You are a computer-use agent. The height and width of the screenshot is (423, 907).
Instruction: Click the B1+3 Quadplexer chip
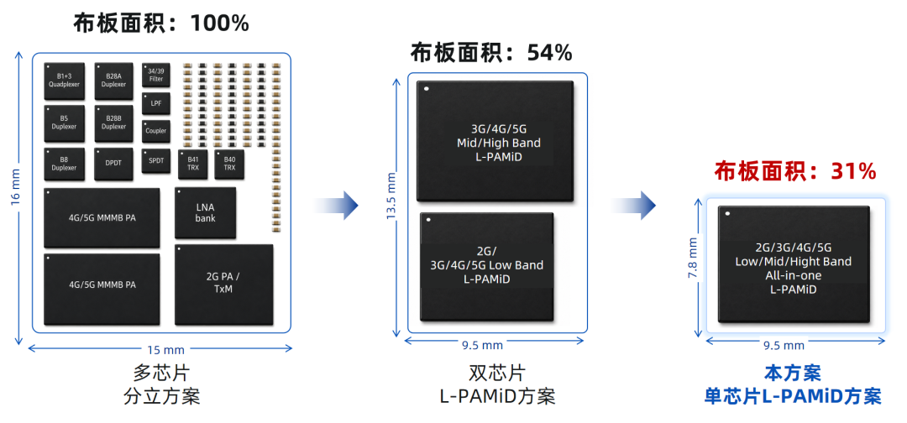pyautogui.click(x=64, y=81)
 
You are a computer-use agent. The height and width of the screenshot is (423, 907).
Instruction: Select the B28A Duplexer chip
pyautogui.click(x=114, y=81)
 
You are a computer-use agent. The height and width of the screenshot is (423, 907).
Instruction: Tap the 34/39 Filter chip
pyautogui.click(x=156, y=76)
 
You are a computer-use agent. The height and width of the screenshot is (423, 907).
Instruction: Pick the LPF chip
pyautogui.click(x=156, y=103)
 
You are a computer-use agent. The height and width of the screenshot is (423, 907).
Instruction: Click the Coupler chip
pyautogui.click(x=156, y=131)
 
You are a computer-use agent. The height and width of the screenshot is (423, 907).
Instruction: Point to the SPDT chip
pyautogui.click(x=156, y=161)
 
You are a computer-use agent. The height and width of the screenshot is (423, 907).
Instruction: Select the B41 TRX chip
pyautogui.click(x=192, y=164)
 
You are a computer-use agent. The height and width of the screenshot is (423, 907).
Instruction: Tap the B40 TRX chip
pyautogui.click(x=229, y=164)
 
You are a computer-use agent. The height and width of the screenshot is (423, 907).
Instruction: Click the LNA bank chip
pyautogui.click(x=206, y=212)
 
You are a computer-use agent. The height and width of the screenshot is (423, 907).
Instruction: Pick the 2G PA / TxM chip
pyautogui.click(x=223, y=284)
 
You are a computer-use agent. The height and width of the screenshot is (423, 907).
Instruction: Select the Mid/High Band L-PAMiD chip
pyautogui.click(x=495, y=142)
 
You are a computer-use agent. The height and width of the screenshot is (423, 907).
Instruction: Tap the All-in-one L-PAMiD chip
pyautogui.click(x=794, y=264)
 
